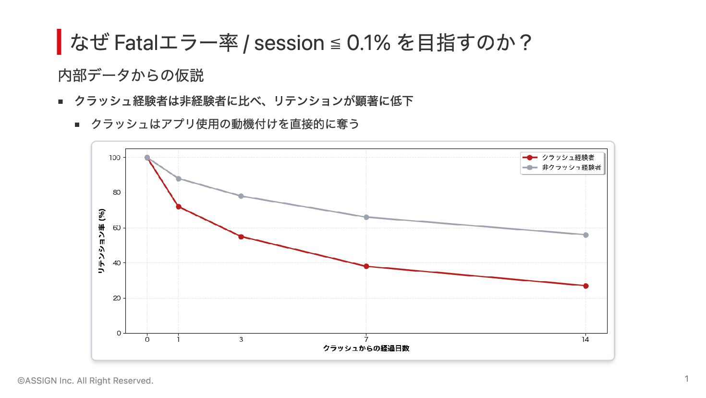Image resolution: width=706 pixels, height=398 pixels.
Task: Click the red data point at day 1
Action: tap(178, 207)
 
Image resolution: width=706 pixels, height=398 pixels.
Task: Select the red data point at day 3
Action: tap(241, 237)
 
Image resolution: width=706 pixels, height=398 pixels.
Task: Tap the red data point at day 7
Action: tap(366, 266)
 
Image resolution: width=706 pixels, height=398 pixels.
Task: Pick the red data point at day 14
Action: tap(585, 286)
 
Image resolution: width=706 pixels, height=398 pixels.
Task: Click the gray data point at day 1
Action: tap(178, 179)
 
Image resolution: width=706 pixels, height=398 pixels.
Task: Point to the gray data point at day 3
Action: tap(241, 196)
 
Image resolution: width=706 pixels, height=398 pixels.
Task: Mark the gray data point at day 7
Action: tap(366, 217)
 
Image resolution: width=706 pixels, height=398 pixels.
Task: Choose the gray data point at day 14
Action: tap(585, 235)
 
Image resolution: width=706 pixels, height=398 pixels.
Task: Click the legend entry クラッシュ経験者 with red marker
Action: tap(558, 157)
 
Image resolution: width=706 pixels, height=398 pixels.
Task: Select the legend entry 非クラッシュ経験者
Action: tap(561, 167)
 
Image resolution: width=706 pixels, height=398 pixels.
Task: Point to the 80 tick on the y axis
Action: tap(117, 192)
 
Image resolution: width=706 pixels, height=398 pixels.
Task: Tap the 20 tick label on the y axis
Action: tap(117, 298)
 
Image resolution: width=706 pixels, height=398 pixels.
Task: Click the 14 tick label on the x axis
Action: tap(585, 340)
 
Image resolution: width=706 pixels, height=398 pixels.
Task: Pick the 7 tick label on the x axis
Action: tap(366, 340)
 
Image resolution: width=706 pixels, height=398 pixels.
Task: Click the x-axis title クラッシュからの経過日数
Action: tap(366, 348)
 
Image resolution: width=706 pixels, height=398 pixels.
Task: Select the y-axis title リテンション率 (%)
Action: tap(101, 241)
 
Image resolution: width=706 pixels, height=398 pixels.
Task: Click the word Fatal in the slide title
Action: tap(136, 43)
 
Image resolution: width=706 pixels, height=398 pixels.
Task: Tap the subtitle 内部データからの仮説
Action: tap(131, 75)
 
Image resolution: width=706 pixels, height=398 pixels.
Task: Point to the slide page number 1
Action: tap(686, 379)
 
